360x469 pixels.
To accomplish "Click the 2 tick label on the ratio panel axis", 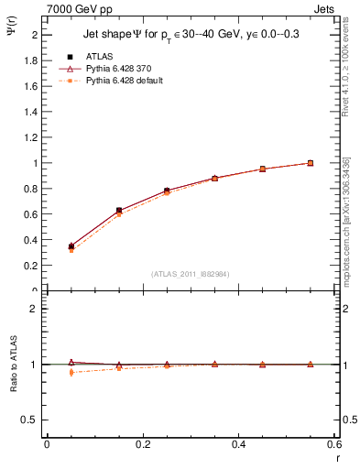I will click(34, 309).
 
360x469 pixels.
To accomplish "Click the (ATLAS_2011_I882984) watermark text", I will click(190, 273).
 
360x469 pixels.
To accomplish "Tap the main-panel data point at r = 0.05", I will click(71, 246).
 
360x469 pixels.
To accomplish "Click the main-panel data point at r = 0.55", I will click(311, 163).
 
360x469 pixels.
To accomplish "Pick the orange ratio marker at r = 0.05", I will click(71, 372).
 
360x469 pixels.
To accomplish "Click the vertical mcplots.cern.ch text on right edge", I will click(346, 229).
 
